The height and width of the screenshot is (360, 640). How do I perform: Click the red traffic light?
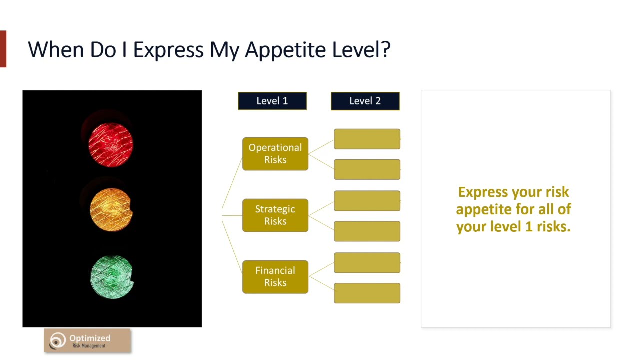click(x=111, y=144)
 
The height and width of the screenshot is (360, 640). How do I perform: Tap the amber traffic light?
click(x=111, y=210)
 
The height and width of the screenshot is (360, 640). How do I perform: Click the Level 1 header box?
click(x=272, y=101)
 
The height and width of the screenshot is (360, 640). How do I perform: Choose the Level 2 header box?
click(x=365, y=101)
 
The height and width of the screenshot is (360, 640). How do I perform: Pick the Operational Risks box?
click(x=275, y=154)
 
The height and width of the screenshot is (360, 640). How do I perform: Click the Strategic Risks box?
click(x=275, y=215)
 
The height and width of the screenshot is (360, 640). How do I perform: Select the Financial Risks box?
click(x=275, y=277)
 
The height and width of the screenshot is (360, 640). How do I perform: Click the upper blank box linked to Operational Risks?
click(x=367, y=139)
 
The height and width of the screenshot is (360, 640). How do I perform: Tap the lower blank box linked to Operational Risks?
click(x=367, y=169)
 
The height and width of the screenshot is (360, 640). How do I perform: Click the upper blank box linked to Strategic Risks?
click(x=367, y=201)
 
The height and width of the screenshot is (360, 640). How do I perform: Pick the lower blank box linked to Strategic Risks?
click(x=367, y=231)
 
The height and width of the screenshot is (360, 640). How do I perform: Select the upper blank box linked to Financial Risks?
click(x=367, y=263)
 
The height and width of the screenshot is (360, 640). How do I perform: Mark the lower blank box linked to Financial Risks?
click(x=367, y=293)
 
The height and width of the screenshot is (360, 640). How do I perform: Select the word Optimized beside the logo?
click(x=90, y=338)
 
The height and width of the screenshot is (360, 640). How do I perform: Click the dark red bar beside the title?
click(x=3, y=49)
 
